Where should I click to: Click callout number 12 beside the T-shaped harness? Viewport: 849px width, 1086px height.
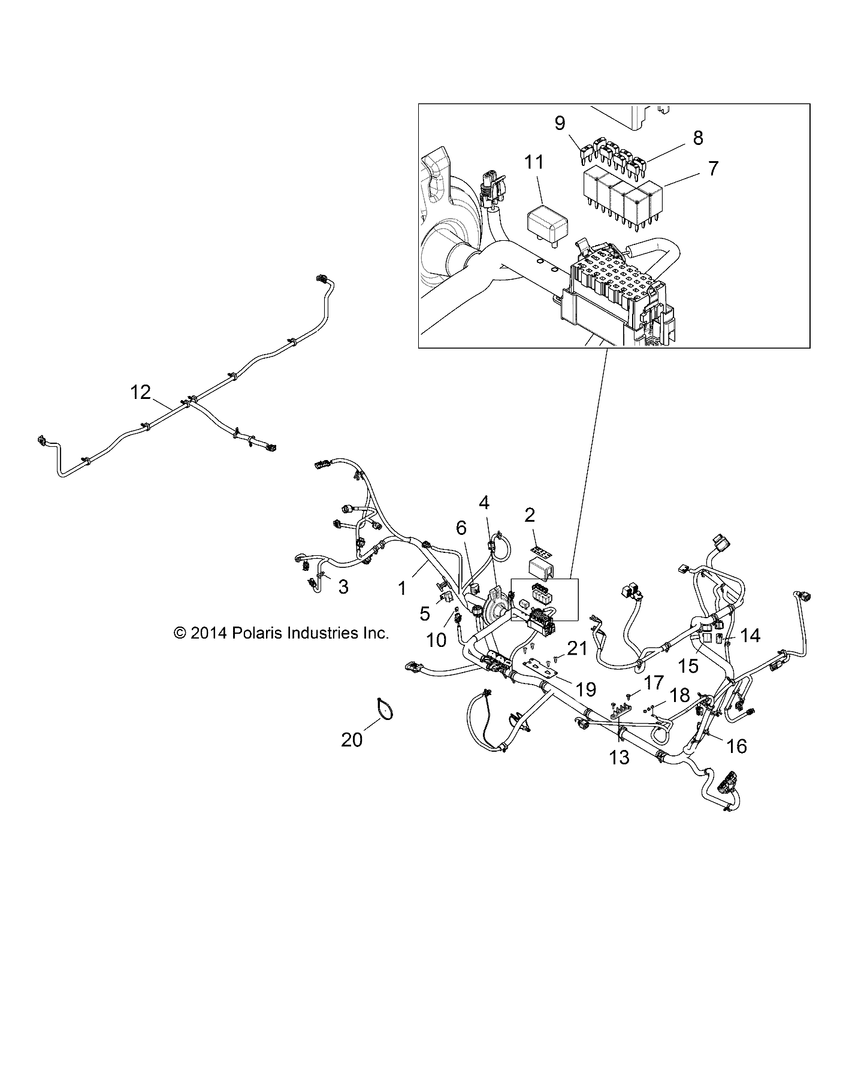pyautogui.click(x=141, y=393)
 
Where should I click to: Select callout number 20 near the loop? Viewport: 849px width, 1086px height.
pyautogui.click(x=352, y=740)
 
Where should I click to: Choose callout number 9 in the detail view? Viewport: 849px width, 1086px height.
pyautogui.click(x=560, y=123)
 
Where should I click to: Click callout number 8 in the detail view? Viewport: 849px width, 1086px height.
pyautogui.click(x=698, y=138)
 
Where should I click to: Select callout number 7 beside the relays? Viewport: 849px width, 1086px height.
pyautogui.click(x=712, y=168)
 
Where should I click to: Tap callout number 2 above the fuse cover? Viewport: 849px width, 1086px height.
pyautogui.click(x=530, y=515)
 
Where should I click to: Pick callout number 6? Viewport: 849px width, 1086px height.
pyautogui.click(x=461, y=528)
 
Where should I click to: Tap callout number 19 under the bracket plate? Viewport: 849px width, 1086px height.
pyautogui.click(x=585, y=689)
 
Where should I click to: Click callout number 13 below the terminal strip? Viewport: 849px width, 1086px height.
pyautogui.click(x=620, y=757)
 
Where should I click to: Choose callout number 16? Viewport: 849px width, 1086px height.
pyautogui.click(x=736, y=746)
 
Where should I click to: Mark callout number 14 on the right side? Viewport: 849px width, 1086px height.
pyautogui.click(x=750, y=636)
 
